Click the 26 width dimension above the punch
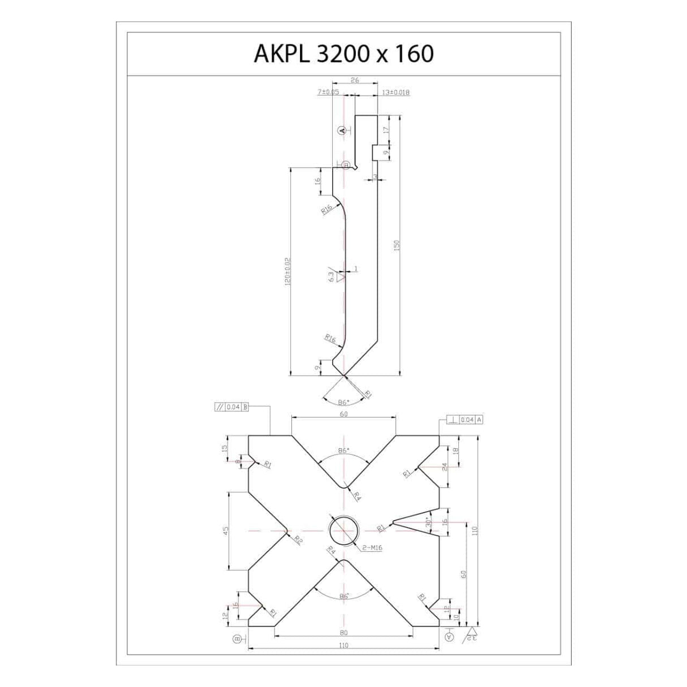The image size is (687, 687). (355, 80)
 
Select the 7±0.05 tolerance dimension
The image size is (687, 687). (328, 91)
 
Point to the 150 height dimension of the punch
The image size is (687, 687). (397, 245)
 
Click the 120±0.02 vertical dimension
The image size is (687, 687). (287, 272)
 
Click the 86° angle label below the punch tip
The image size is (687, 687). (343, 402)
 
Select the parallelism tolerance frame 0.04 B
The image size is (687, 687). (230, 406)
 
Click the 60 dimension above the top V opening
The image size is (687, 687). (343, 414)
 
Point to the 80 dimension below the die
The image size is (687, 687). (343, 633)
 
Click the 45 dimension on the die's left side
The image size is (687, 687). (225, 531)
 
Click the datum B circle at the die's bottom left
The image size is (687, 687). (237, 638)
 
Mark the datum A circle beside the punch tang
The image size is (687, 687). (341, 130)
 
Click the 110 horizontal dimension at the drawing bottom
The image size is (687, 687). (343, 646)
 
